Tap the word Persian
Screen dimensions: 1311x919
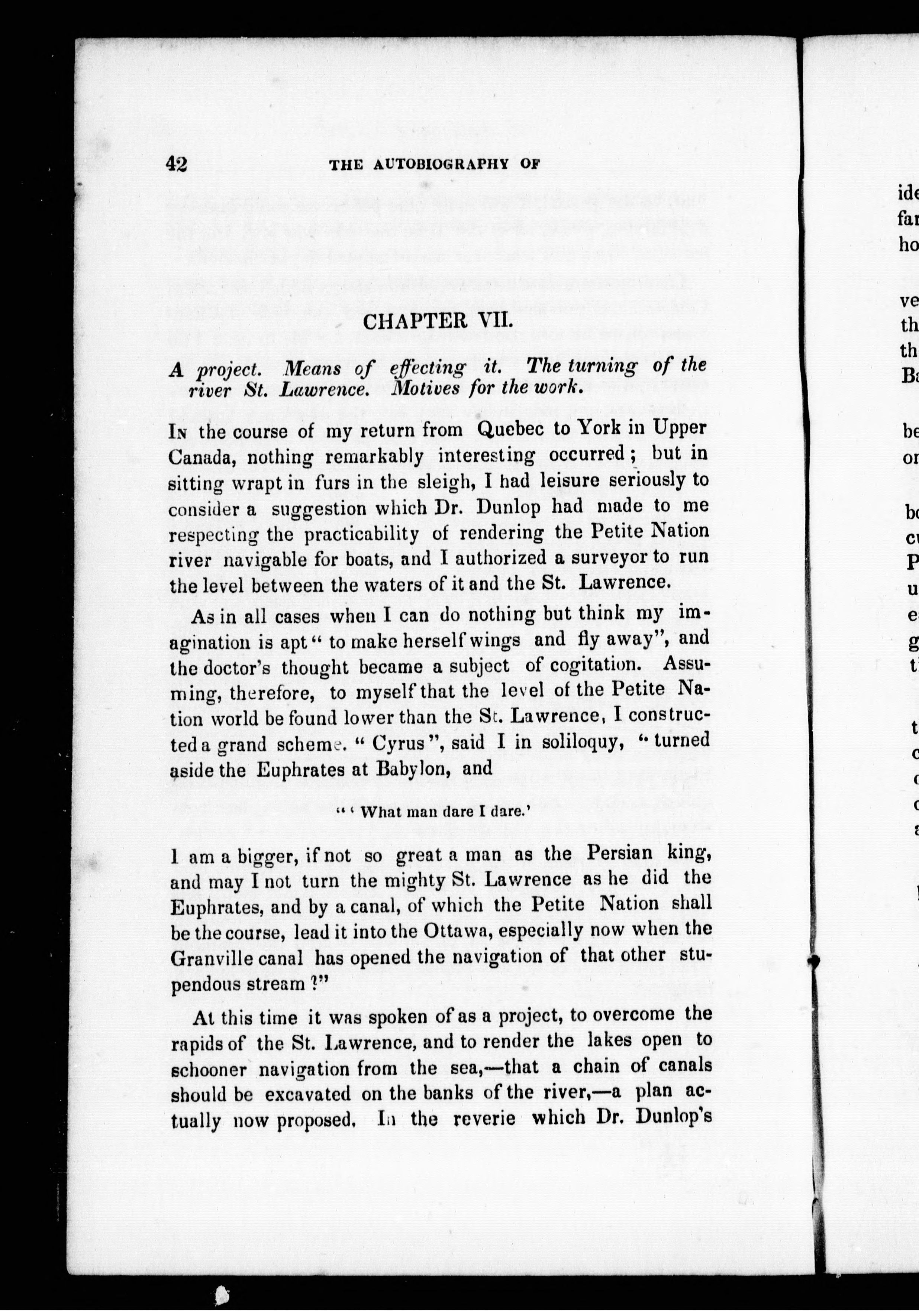(x=619, y=853)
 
